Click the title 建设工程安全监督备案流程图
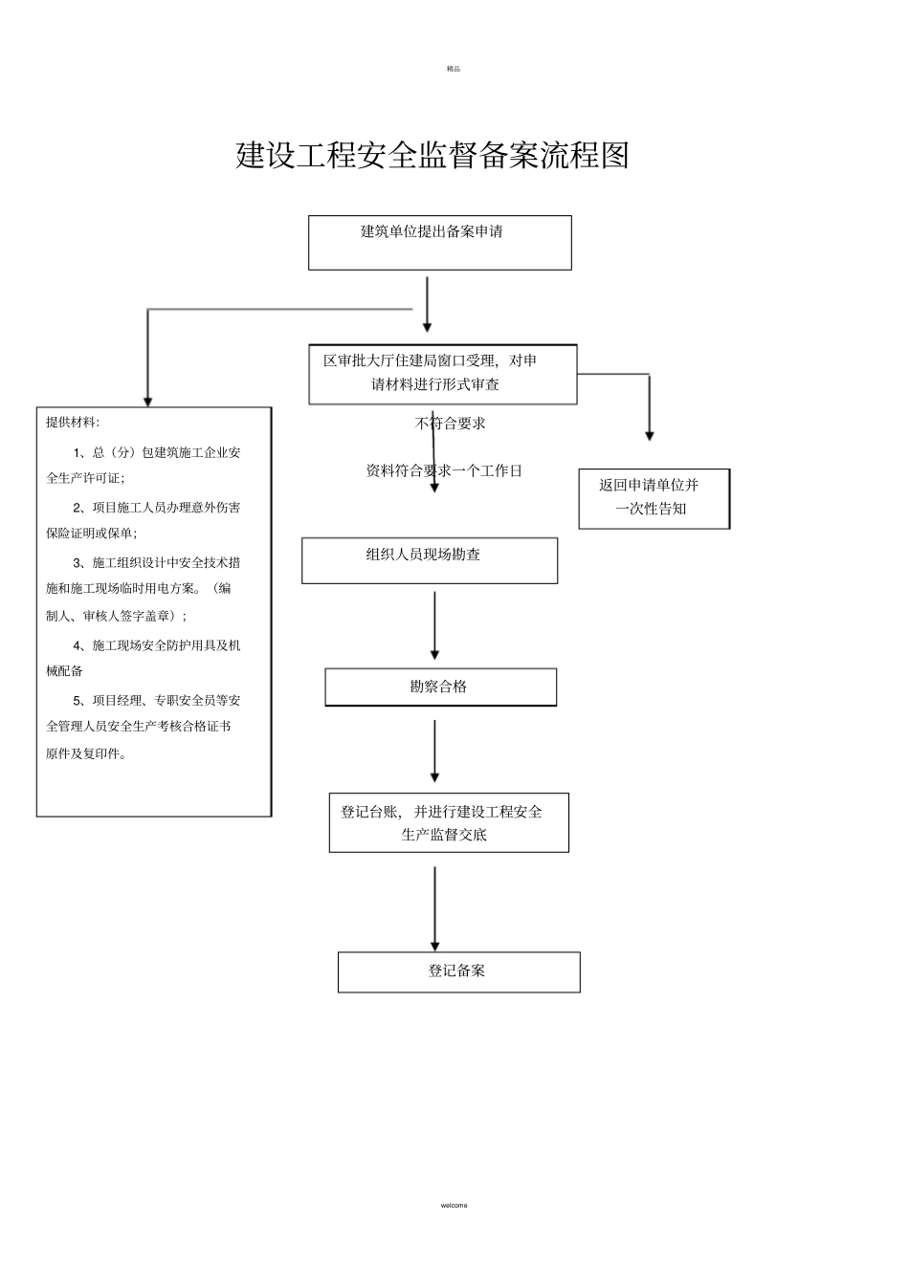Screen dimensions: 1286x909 tap(432, 155)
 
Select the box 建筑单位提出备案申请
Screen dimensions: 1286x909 tap(439, 243)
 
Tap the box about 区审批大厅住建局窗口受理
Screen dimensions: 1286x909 tap(442, 374)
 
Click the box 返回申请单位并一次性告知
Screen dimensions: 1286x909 tap(654, 498)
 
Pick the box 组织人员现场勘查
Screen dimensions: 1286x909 tap(429, 560)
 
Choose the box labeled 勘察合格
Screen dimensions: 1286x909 tap(440, 687)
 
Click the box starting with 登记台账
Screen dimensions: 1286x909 tap(448, 822)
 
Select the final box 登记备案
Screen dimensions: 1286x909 tap(458, 971)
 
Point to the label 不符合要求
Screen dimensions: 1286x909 tap(451, 424)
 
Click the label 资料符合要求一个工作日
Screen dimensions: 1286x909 tap(444, 470)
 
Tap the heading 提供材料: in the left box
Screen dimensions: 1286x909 tap(73, 422)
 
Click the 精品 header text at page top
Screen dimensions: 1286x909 tap(454, 69)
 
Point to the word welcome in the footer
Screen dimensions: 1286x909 tap(454, 1205)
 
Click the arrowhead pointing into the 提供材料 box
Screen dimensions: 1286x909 tap(147, 401)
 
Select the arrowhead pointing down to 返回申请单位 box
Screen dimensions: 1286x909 tap(650, 435)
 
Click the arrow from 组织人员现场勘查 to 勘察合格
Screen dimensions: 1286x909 tap(434, 625)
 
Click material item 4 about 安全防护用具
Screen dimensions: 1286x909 tap(144, 658)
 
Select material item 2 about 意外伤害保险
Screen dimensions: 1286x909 tap(144, 520)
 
